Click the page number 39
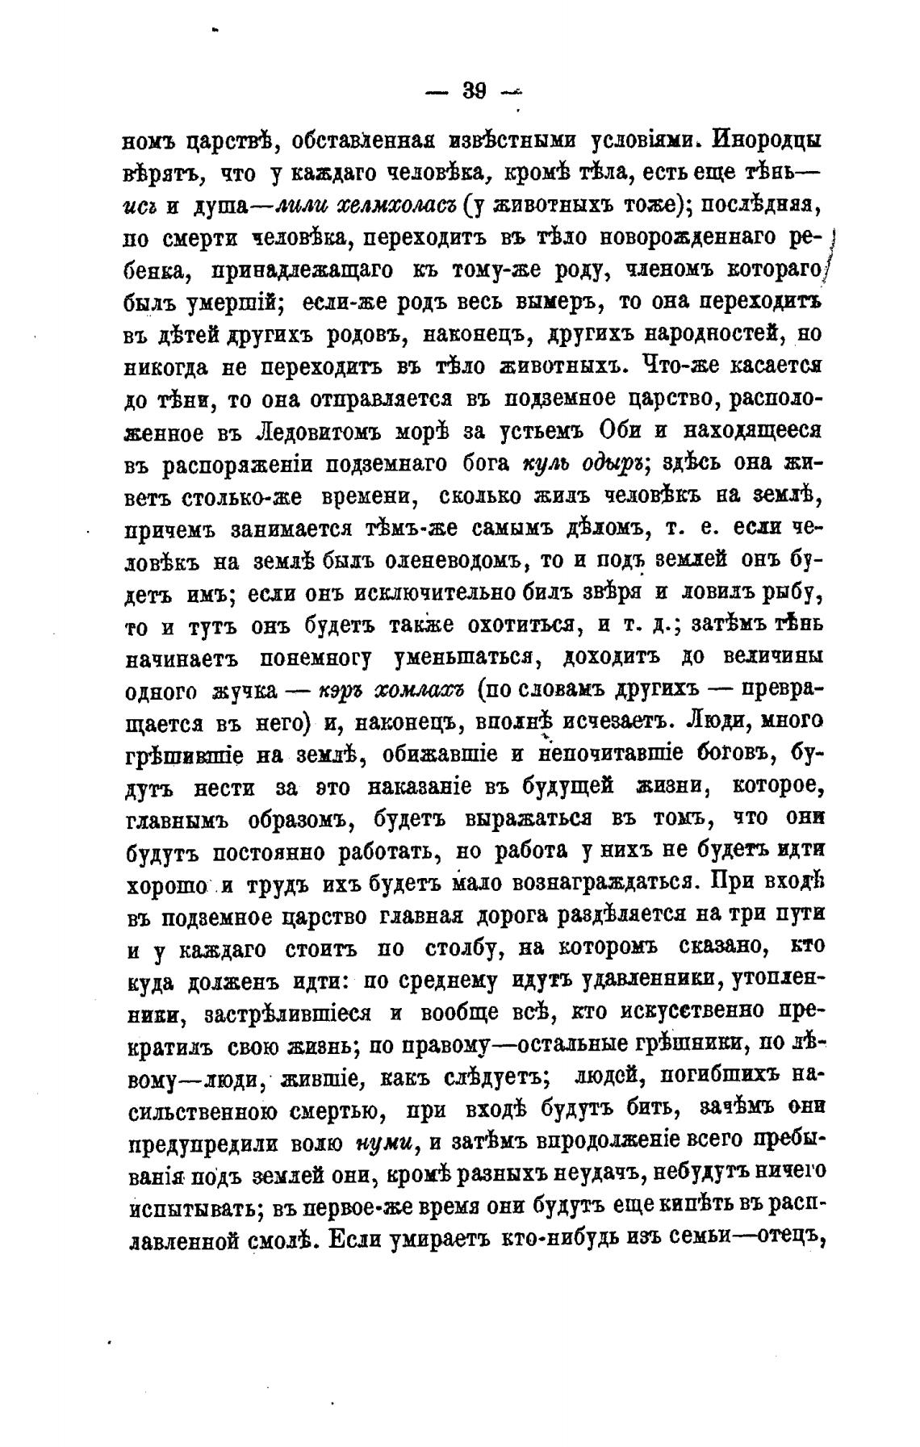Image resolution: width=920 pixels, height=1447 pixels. point(474,91)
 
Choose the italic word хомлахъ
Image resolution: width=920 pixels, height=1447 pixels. point(420,691)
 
